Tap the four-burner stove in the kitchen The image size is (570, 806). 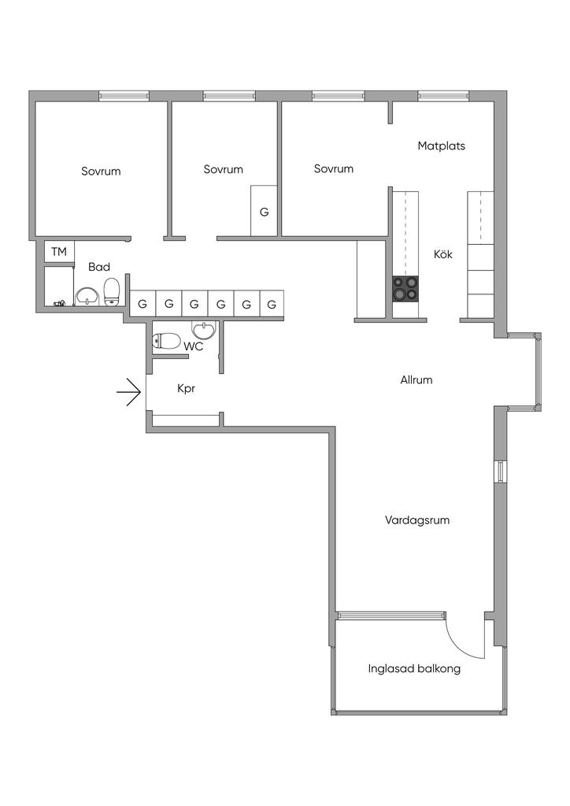[406, 288]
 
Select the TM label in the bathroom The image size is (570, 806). [59, 252]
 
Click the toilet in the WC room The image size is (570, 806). [168, 341]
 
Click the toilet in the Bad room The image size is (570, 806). [112, 291]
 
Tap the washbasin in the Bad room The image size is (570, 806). [87, 295]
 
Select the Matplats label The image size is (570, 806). [441, 146]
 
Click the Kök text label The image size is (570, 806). [443, 254]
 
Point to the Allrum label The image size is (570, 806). [416, 380]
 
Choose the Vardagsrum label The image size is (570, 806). [416, 520]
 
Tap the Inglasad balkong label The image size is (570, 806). [413, 670]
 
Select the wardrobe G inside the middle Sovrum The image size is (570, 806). [264, 212]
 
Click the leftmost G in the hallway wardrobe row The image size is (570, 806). [142, 304]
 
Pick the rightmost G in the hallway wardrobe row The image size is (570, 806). [272, 304]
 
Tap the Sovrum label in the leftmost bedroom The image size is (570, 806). [101, 171]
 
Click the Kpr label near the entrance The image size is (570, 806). [186, 389]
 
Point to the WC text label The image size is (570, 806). [194, 346]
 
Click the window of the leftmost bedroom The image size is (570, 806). [124, 96]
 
